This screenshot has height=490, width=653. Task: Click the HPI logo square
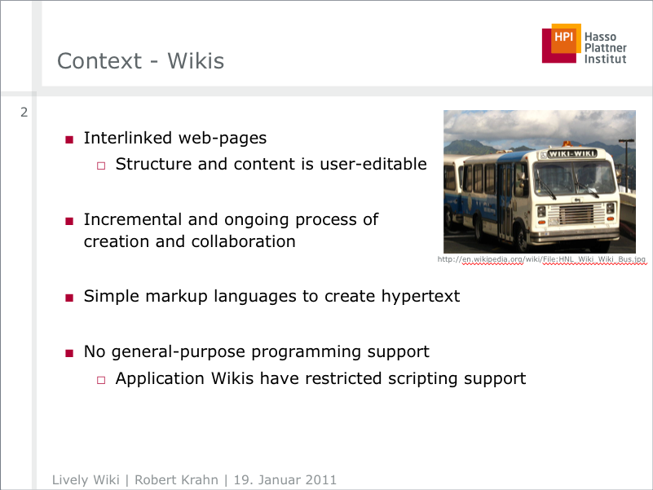click(x=562, y=43)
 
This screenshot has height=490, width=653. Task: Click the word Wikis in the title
click(x=196, y=61)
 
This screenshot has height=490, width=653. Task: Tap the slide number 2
click(x=24, y=112)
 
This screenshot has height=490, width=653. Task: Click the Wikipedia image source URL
click(x=541, y=259)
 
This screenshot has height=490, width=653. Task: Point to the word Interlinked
click(x=128, y=138)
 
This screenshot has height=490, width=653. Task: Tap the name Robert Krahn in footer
click(x=176, y=479)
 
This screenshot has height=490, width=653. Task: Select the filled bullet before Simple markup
click(x=69, y=298)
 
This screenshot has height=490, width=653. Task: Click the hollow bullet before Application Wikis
click(x=101, y=380)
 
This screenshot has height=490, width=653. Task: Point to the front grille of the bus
click(x=577, y=214)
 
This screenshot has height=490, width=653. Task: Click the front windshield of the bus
click(x=574, y=178)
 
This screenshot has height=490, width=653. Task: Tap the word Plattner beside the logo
click(x=605, y=48)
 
